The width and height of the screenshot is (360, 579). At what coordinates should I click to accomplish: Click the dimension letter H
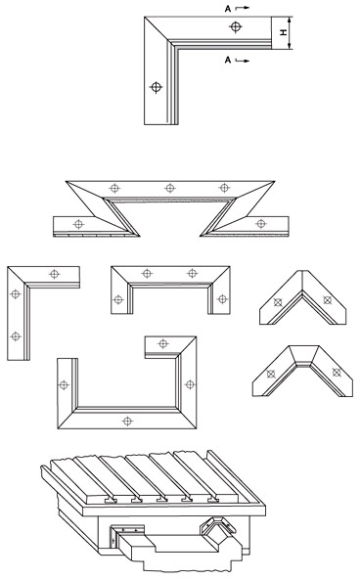tap(284, 33)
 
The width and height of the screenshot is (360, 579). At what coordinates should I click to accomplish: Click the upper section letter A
tap(228, 9)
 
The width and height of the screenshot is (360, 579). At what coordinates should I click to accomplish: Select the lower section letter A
tap(228, 60)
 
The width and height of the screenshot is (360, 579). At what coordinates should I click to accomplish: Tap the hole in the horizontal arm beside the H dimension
tap(235, 26)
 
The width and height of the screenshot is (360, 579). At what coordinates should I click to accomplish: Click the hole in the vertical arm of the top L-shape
tap(157, 87)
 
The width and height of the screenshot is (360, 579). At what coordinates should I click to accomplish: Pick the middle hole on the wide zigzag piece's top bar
tap(169, 189)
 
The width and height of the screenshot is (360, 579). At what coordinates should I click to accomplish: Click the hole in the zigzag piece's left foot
tap(78, 224)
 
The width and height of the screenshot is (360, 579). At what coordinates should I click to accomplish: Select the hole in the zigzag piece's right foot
tap(260, 223)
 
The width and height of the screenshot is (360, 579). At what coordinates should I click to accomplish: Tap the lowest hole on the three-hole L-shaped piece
tap(15, 336)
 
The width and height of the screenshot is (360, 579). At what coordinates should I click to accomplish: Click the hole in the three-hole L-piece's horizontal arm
tap(54, 274)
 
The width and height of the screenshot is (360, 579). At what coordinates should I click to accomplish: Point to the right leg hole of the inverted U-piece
tap(222, 299)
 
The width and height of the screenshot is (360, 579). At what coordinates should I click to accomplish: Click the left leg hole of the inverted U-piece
tap(117, 300)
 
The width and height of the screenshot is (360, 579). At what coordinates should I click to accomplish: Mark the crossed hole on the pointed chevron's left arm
tap(278, 302)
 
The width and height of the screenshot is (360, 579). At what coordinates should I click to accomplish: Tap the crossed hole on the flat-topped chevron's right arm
tap(336, 373)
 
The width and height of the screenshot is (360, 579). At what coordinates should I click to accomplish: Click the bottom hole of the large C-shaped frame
tap(127, 421)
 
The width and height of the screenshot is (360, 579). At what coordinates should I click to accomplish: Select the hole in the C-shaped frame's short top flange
tap(162, 344)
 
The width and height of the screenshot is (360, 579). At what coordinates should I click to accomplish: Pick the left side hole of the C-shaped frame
tap(64, 385)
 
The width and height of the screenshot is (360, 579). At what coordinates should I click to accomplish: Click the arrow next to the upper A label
tap(243, 8)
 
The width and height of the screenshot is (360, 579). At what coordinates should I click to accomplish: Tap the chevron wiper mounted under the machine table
tap(218, 529)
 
